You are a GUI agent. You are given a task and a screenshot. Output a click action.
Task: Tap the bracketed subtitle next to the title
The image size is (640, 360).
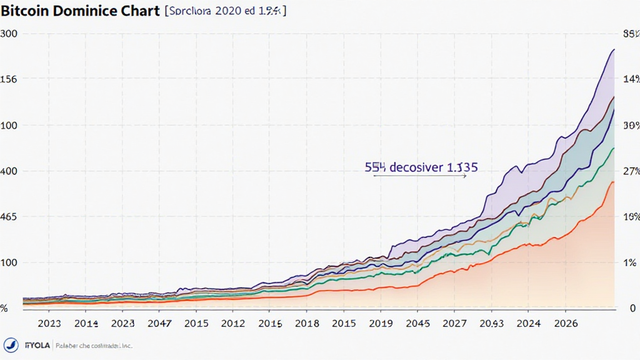point(224,12)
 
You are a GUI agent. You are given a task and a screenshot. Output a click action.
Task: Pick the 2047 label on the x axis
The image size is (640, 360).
point(159,324)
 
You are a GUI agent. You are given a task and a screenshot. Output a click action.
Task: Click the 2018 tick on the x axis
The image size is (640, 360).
point(307,324)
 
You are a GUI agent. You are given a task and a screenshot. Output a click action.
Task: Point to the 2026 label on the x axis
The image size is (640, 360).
point(566,324)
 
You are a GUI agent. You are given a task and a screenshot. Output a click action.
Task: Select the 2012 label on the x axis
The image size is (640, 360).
point(233,324)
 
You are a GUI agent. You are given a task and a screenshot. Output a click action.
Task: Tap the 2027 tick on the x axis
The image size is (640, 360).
point(454,324)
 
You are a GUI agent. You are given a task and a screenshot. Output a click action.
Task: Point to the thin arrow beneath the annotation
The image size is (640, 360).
point(420,177)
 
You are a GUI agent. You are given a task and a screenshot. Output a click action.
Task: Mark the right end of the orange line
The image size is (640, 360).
point(614,182)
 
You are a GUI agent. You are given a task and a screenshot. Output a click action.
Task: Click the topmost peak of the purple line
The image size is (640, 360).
point(614,49)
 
